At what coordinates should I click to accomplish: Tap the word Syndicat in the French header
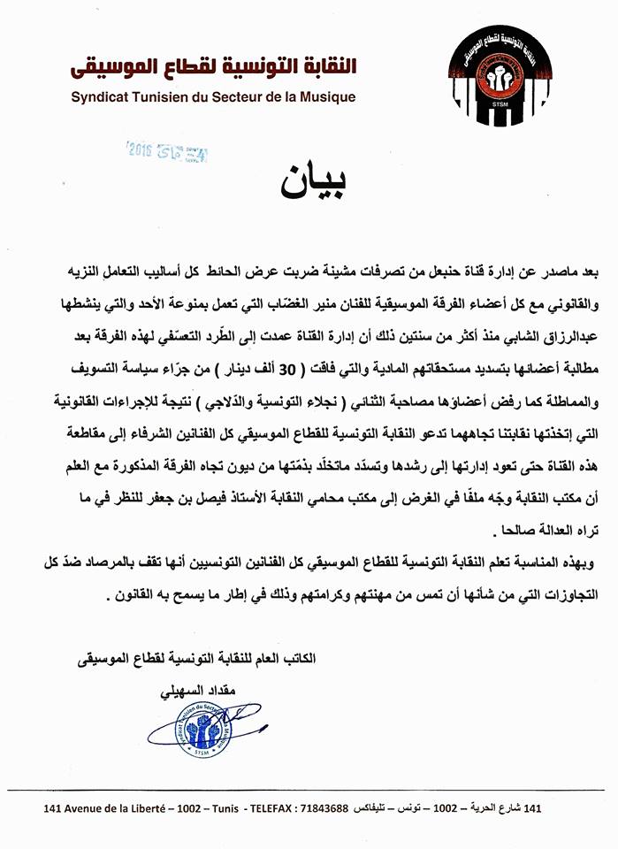pyautogui.click(x=99, y=97)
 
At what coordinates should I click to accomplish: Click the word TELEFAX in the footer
pyautogui.click(x=266, y=809)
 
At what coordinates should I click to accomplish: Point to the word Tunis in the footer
pyautogui.click(x=217, y=809)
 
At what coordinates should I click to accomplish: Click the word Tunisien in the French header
pyautogui.click(x=154, y=97)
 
